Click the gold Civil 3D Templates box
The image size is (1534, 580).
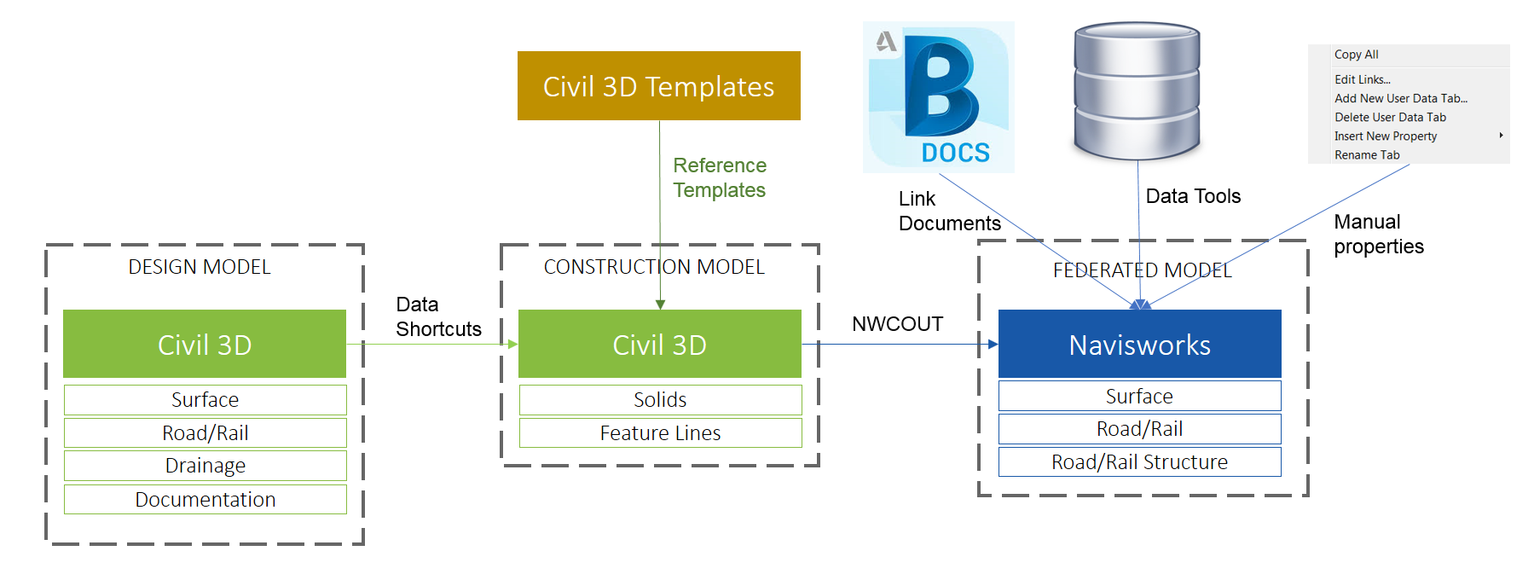click(658, 86)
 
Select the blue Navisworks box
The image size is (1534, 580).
click(1139, 344)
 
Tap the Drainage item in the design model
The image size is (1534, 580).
click(205, 466)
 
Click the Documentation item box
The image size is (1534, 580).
click(205, 499)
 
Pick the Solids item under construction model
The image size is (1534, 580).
click(660, 399)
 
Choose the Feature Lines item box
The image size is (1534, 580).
click(660, 432)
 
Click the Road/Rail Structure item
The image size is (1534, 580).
click(1139, 461)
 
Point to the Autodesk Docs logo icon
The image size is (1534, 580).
click(939, 97)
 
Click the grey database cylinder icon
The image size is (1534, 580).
click(1137, 90)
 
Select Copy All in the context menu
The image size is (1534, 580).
click(1356, 55)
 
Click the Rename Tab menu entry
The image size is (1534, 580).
click(1367, 155)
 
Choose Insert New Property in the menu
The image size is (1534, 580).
click(1386, 136)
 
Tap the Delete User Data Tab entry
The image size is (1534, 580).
click(1390, 118)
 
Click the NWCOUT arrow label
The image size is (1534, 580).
click(897, 324)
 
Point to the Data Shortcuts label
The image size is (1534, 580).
click(437, 316)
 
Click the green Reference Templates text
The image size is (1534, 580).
click(720, 177)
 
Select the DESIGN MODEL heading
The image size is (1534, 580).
click(200, 267)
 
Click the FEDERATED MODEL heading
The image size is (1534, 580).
click(1142, 270)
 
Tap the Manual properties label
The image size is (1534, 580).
click(1378, 234)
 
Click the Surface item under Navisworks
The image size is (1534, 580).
click(1139, 396)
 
